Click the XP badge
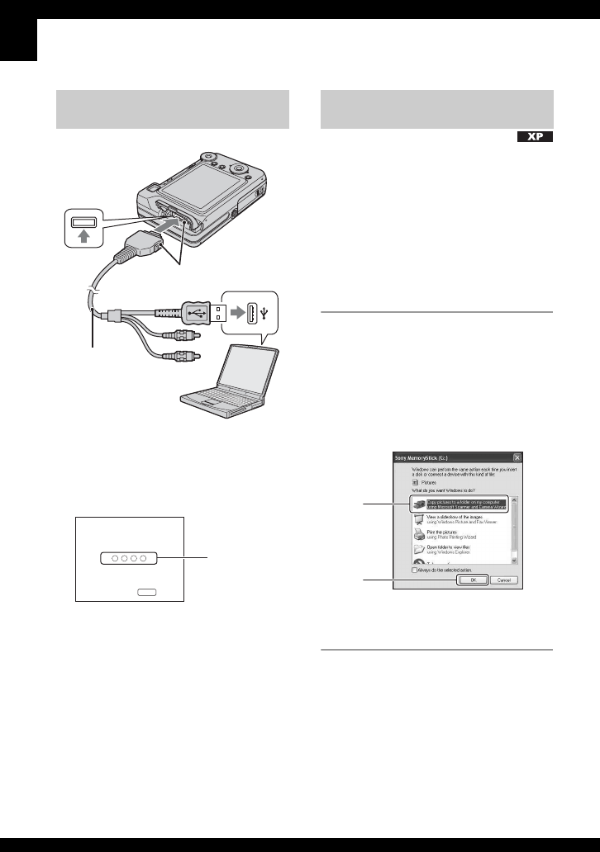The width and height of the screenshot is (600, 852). pos(534,137)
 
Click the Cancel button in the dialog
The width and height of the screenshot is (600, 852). pos(504,580)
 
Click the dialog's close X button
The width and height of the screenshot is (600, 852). pos(517,457)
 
